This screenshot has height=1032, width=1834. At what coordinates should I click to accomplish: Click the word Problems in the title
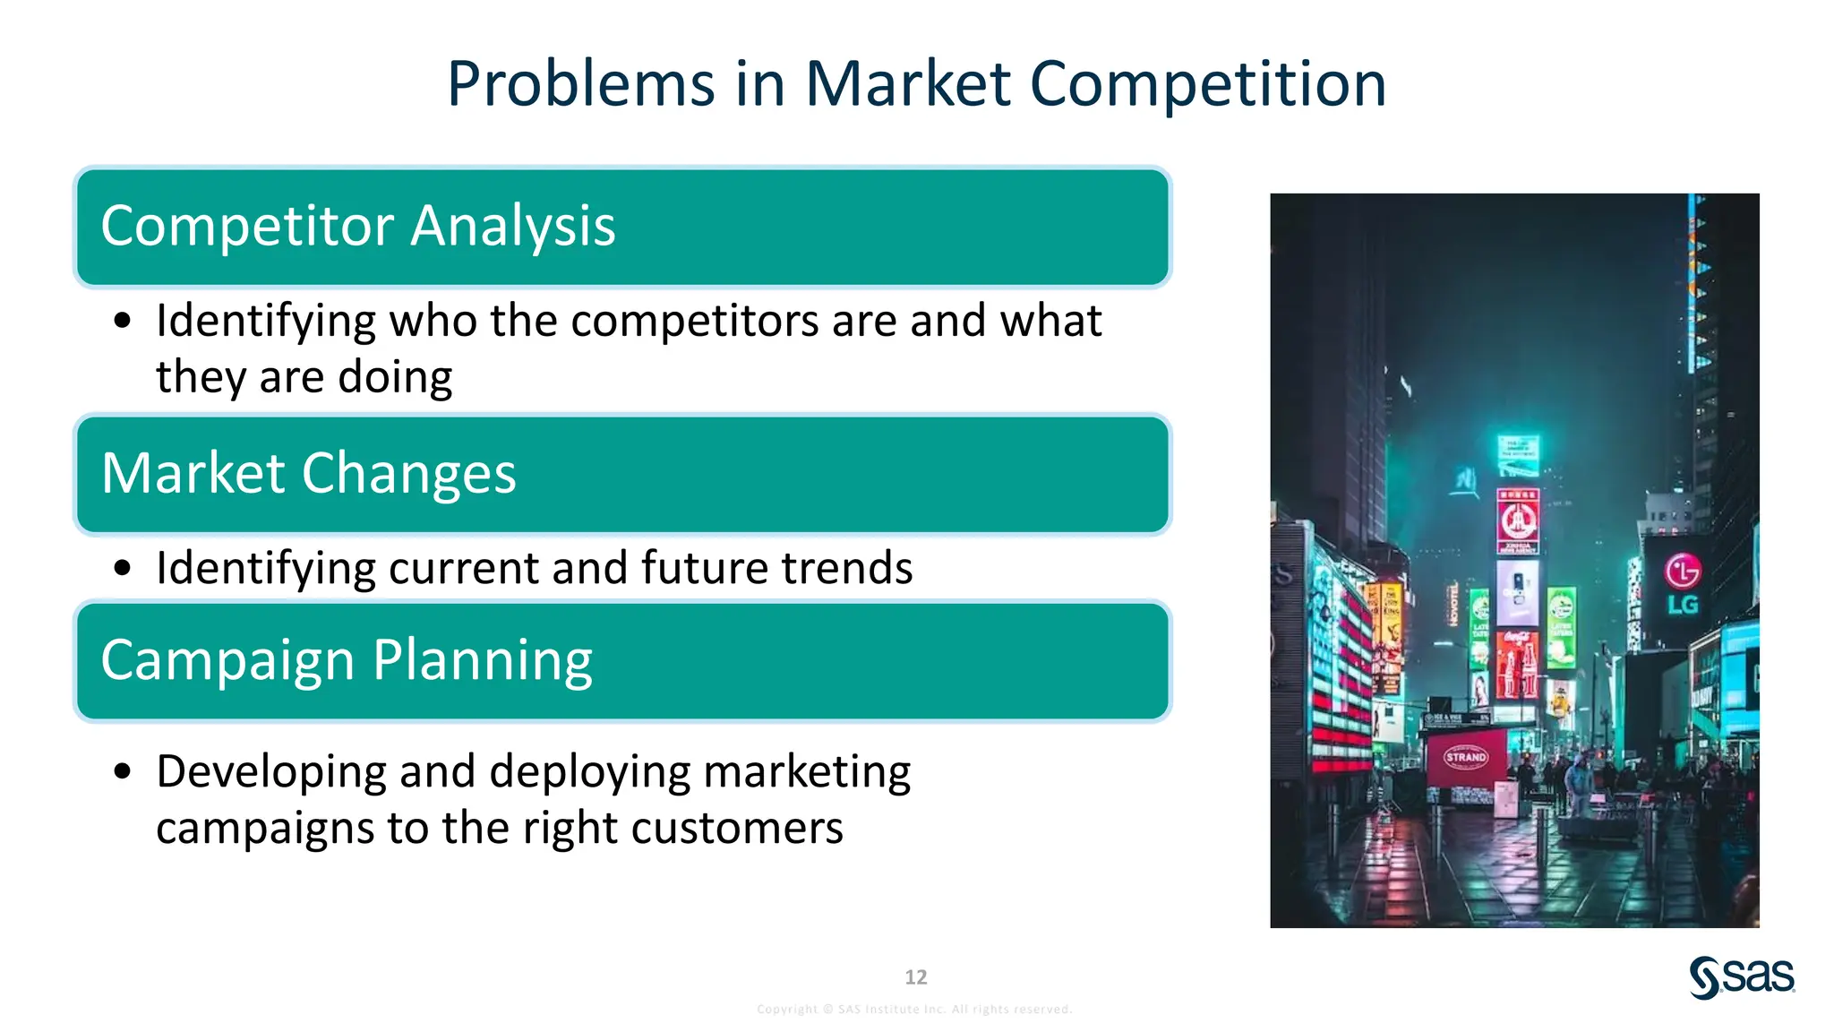tap(580, 85)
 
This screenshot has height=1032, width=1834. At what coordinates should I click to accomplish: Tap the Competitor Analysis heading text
tap(358, 226)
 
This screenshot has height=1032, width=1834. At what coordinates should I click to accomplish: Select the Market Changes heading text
tap(309, 473)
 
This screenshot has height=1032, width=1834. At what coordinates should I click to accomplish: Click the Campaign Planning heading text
tap(347, 661)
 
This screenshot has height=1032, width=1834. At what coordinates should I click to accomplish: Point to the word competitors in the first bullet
tap(694, 321)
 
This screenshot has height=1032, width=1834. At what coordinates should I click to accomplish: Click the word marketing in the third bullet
tap(806, 772)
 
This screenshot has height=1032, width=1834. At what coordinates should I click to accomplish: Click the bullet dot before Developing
tap(123, 771)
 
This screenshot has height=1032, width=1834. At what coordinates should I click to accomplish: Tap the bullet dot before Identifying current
tap(123, 568)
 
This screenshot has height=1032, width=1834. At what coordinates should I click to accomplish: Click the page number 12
tap(915, 977)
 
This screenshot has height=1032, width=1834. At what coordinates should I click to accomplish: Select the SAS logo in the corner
tap(1742, 976)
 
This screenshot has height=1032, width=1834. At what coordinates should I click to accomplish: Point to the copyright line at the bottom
tap(914, 1010)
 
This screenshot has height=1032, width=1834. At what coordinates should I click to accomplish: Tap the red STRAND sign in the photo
tap(1466, 758)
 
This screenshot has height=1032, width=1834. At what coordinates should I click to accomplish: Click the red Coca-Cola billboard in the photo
tap(1517, 663)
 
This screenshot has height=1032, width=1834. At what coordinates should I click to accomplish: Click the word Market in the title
tap(908, 85)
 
